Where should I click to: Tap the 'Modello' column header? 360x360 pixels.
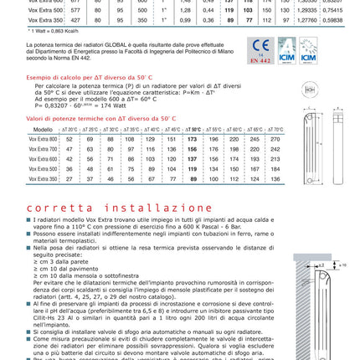point(42,130)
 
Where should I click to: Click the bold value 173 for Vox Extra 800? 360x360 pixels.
point(192,138)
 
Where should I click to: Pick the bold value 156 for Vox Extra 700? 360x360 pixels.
point(192,148)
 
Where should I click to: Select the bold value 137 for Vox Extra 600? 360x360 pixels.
point(192,158)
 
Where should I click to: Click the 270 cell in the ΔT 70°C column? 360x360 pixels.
point(275,138)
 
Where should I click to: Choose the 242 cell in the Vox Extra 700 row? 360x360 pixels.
point(275,148)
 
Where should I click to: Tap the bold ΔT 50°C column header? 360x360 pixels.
point(192,130)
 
